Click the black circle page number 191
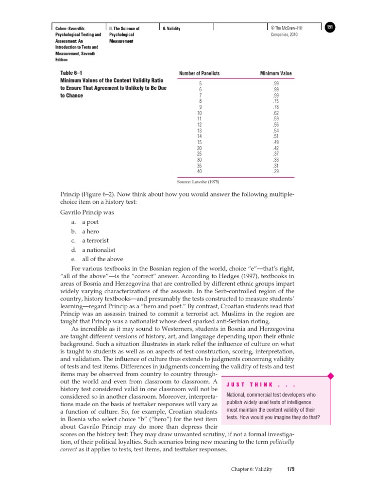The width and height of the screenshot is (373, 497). [x=330, y=27]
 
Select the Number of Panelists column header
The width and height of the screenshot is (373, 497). [x=199, y=73]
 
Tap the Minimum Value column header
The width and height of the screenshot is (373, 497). [x=276, y=73]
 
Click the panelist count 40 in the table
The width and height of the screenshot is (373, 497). [x=199, y=171]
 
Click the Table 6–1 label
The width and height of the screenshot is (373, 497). [x=70, y=73]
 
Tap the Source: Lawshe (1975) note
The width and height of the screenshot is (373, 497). [x=199, y=182]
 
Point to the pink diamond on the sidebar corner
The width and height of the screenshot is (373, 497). [x=331, y=376]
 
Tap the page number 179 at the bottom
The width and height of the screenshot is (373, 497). [x=290, y=469]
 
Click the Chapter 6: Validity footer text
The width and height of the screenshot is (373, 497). [x=251, y=469]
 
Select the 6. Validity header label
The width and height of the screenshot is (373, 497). [x=171, y=29]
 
